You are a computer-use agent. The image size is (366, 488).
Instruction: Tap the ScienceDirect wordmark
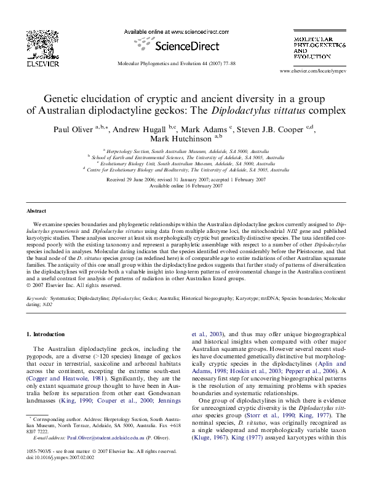(x=183, y=45)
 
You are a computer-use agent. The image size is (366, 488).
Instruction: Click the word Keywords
(x=37, y=297)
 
